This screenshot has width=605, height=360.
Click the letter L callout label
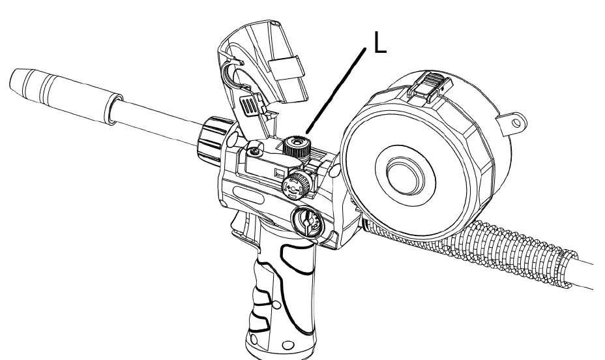click(x=380, y=43)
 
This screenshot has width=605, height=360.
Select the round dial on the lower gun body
click(x=306, y=223)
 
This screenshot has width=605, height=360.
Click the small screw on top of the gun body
click(x=254, y=151)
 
